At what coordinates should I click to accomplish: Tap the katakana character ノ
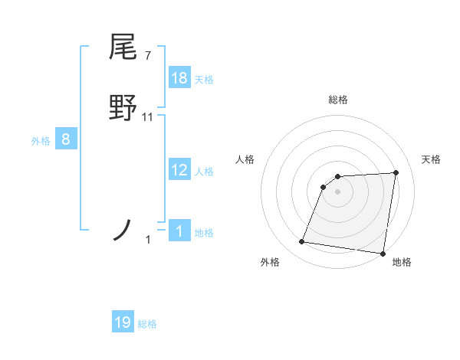[123, 230]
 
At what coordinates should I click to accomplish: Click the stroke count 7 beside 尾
[147, 55]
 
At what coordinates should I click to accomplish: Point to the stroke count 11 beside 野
[148, 117]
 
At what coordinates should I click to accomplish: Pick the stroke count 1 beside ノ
[148, 240]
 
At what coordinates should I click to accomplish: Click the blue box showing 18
[179, 78]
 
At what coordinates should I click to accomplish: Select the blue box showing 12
[179, 170]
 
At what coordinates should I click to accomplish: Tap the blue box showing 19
[123, 322]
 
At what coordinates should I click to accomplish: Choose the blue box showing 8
[66, 139]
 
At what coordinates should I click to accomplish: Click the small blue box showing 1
[179, 231]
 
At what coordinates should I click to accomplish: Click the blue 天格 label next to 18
[204, 80]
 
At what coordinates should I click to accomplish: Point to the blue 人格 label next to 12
[204, 172]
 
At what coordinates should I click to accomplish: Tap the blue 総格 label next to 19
[147, 324]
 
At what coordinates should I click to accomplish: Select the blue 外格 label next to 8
[41, 141]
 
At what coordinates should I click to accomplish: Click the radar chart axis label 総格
[337, 100]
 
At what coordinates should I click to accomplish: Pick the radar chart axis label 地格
[402, 262]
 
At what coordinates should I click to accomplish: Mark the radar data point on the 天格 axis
[396, 172]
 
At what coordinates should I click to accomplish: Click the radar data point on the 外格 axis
[302, 242]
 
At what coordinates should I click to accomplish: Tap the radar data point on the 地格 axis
[383, 254]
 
